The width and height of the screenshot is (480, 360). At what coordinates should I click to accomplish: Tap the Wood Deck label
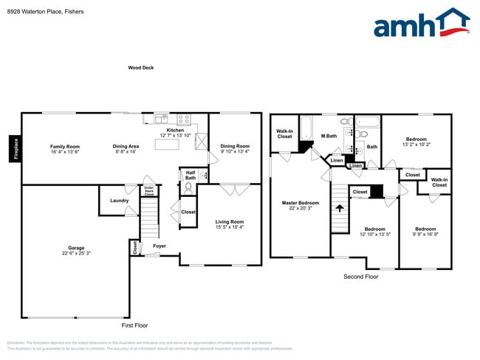coord(140,68)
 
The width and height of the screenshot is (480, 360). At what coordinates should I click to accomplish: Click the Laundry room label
coord(120,201)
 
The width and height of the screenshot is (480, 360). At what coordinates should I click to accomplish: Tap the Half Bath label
coord(191,175)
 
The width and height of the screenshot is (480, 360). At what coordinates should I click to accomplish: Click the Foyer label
coord(160,246)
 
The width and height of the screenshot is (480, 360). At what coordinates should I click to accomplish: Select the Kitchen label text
coord(175,131)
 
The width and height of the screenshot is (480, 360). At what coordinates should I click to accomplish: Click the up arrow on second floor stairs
coord(340,208)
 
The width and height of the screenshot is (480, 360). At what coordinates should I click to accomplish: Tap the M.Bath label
coord(329,136)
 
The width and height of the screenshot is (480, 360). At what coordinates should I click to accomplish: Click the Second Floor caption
coord(361,277)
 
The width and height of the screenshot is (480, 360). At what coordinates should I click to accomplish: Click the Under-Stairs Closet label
coord(148,190)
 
